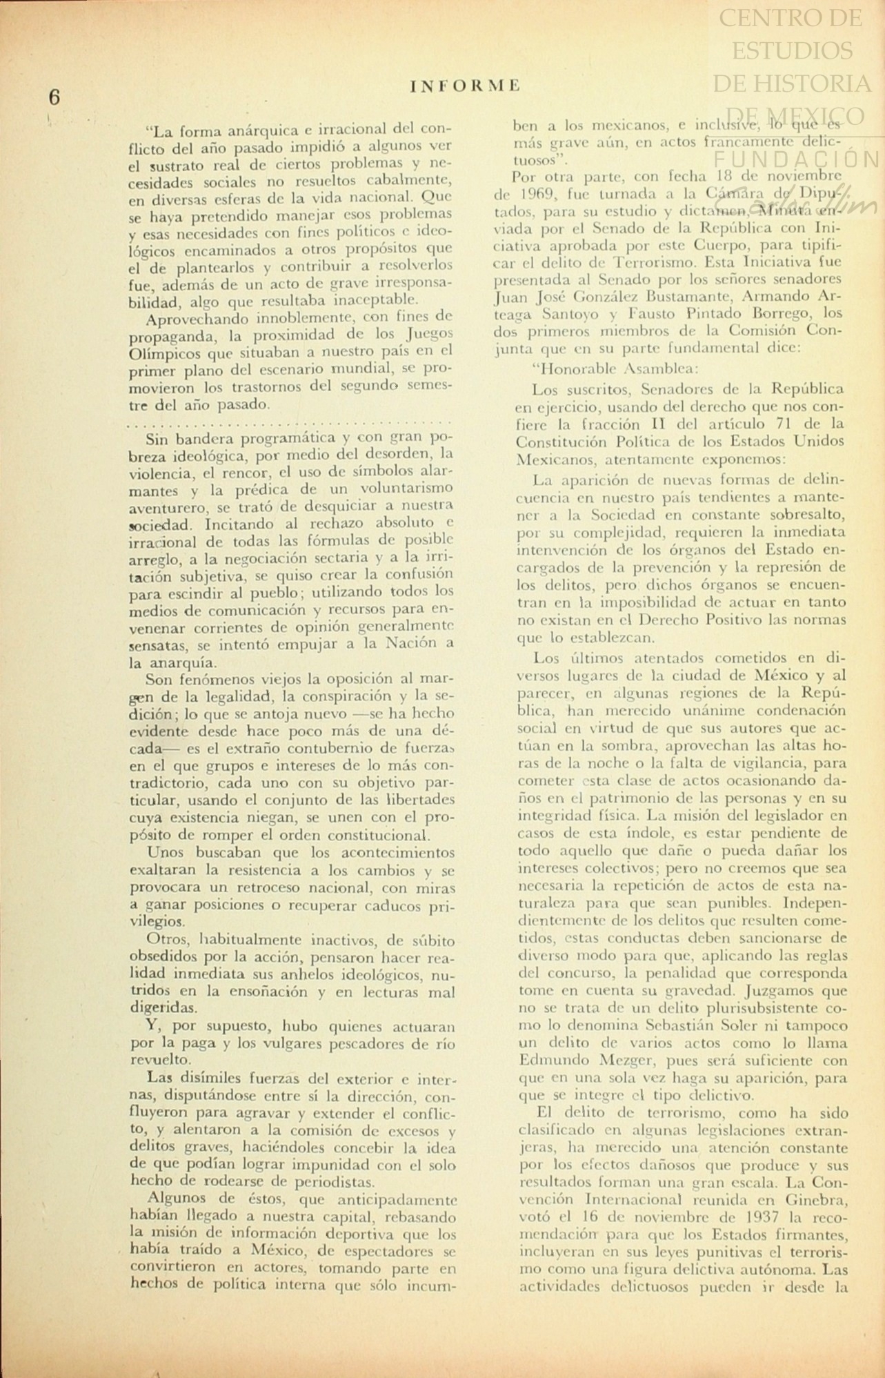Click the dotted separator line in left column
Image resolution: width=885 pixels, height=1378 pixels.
pos(290,420)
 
